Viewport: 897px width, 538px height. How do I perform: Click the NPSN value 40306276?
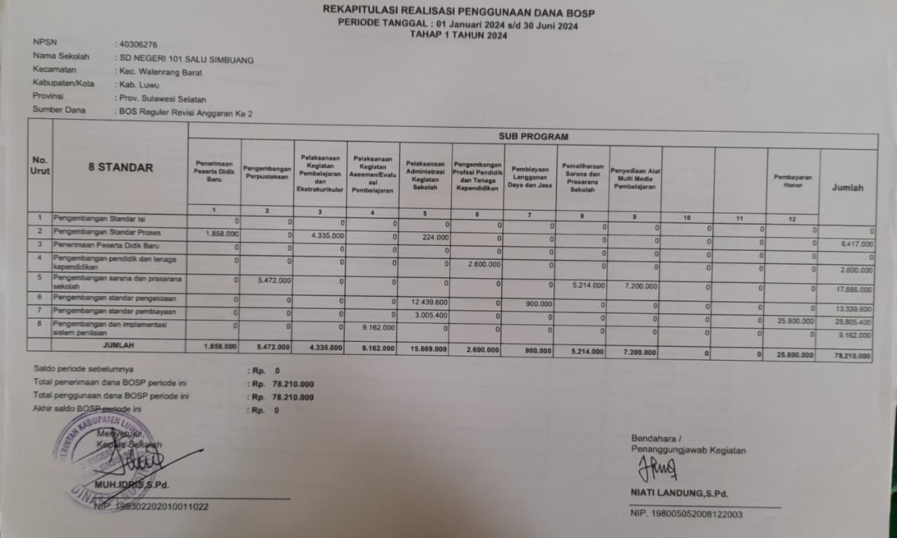point(139,44)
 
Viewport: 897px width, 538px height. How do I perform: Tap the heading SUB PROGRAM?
point(533,137)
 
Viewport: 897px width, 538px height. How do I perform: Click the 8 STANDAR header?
point(121,167)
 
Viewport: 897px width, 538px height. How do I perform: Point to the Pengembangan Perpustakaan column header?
point(267,172)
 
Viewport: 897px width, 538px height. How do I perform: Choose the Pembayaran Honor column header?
point(793,181)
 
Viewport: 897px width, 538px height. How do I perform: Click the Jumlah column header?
point(847,187)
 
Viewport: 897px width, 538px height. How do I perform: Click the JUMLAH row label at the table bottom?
point(119,345)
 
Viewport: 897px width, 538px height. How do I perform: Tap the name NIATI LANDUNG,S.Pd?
point(679,494)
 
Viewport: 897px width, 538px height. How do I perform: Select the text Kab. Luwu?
point(139,85)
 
